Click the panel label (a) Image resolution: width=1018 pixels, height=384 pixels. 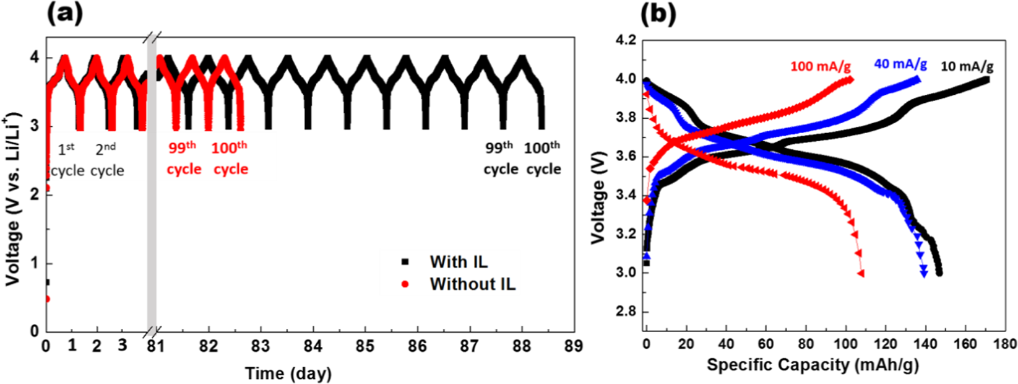tap(65, 12)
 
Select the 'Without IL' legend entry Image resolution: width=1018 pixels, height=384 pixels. tap(472, 284)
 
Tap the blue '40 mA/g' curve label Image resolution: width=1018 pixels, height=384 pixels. tap(900, 64)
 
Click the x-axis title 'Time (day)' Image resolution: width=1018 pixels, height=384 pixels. tap(288, 373)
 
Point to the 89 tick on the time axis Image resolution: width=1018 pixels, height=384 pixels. tap(575, 346)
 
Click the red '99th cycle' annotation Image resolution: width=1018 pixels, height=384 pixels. tap(184, 158)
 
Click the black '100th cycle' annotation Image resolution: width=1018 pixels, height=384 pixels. tap(543, 158)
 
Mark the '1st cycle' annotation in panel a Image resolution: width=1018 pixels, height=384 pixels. tap(67, 160)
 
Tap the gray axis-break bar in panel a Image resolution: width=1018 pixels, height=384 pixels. tap(152, 186)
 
